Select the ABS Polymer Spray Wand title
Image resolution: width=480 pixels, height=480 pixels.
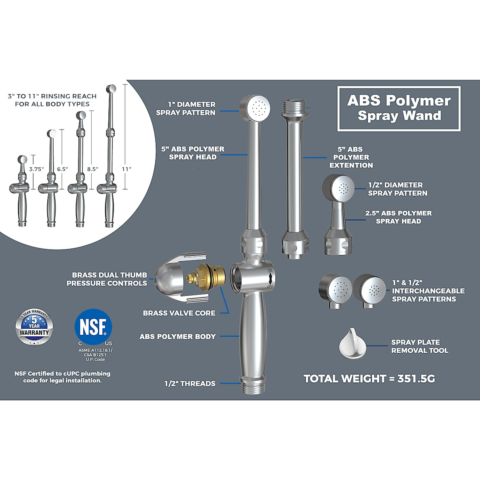pyautogui.click(x=399, y=108)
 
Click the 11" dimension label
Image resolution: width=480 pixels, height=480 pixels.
pyautogui.click(x=126, y=169)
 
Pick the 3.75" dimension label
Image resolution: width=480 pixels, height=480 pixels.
pyautogui.click(x=36, y=169)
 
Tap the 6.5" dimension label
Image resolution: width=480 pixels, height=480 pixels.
pyautogui.click(x=62, y=169)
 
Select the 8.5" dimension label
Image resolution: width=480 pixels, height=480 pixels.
pyautogui.click(x=92, y=169)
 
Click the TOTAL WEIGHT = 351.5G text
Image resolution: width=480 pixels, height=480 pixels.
pyautogui.click(x=369, y=379)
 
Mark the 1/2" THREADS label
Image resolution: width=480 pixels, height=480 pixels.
pyautogui.click(x=190, y=384)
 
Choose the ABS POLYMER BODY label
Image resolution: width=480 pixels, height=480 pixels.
pyautogui.click(x=178, y=337)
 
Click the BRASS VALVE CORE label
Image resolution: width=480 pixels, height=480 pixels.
pyautogui.click(x=179, y=313)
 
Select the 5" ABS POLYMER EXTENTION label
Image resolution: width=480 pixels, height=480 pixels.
pyautogui.click(x=351, y=157)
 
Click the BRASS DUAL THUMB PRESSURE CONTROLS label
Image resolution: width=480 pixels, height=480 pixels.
pyautogui.click(x=107, y=279)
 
